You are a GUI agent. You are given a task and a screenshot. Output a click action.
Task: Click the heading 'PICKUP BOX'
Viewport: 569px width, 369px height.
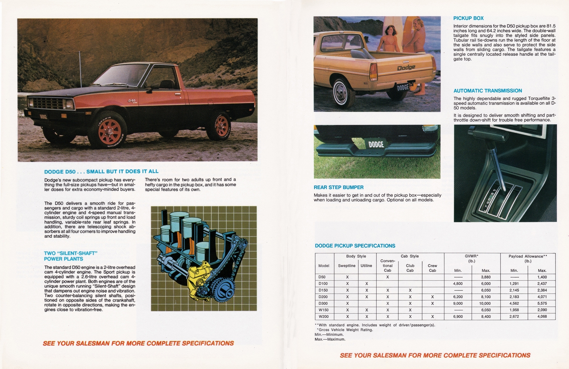coord(468,18)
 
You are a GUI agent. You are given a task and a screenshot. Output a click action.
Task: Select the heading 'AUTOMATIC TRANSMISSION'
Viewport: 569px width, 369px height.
coord(488,91)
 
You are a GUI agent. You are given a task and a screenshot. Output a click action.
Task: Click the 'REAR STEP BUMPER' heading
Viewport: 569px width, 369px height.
coord(338,187)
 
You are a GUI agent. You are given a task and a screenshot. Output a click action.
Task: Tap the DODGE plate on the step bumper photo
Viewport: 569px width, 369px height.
coord(376,144)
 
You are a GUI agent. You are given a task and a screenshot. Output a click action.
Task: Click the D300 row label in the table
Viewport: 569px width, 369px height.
coord(323,303)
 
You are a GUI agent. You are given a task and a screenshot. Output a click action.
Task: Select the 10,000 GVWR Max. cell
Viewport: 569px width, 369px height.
coord(485,303)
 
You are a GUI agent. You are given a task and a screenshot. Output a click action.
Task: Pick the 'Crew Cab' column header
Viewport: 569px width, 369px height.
coord(432,268)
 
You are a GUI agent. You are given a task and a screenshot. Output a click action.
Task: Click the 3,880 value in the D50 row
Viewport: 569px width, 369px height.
coord(485,277)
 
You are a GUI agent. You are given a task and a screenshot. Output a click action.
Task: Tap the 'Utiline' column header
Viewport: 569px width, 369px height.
coord(366,266)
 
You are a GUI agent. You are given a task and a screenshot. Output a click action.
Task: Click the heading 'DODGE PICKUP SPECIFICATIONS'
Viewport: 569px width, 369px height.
coord(355,246)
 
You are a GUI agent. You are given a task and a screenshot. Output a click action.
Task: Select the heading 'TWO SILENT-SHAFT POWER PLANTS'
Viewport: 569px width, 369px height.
coord(70,256)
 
